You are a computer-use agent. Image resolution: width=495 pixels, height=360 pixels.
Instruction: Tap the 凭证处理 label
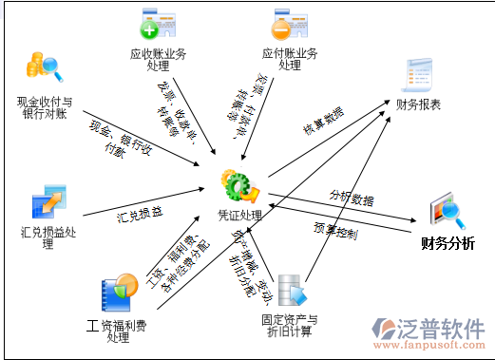[238, 216]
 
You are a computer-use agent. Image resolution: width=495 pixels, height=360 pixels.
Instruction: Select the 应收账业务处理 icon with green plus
[158, 24]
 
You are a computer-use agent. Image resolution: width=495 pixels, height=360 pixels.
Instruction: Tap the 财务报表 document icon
[417, 75]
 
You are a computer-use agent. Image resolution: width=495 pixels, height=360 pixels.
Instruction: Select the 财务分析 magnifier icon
[446, 210]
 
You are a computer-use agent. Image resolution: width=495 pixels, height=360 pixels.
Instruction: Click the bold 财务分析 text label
[448, 243]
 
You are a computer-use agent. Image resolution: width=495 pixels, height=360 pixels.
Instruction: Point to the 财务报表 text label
[419, 104]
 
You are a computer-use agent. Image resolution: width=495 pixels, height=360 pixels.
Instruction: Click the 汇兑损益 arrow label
[140, 212]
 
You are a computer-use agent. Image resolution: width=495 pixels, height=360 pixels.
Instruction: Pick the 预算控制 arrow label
[335, 231]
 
